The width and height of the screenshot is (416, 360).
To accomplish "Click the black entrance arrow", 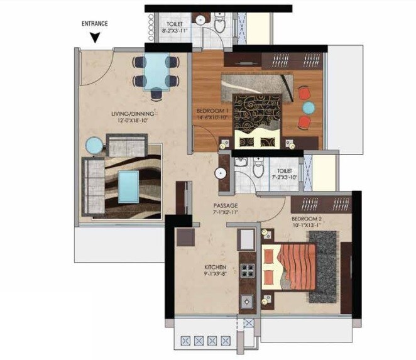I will coord(94,37).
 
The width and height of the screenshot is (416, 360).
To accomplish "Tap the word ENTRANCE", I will coord(95,24).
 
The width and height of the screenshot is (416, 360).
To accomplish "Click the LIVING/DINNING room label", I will coord(133,114).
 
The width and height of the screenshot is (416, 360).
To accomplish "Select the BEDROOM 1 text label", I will coord(212,111).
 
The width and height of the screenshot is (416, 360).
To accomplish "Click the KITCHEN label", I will coord(215,266).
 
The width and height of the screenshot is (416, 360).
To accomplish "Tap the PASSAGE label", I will coord(225,205).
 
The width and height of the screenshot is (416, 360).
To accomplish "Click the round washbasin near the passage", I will coord(222,174).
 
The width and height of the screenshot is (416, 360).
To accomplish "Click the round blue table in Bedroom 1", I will coord(307,107).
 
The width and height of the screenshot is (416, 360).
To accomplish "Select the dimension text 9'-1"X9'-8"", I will coord(215,273).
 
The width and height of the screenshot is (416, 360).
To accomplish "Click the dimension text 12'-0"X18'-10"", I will coord(133,121).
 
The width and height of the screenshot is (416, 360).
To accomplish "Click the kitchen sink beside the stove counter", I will coord(246,238).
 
